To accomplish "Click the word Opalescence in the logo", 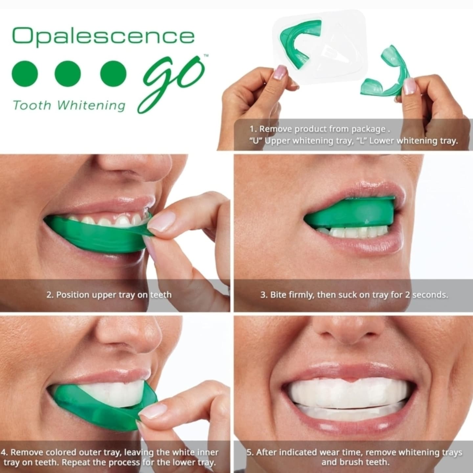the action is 103,37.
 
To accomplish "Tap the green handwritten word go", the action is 172,83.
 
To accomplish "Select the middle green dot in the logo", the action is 68,73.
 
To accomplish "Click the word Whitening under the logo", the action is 91,105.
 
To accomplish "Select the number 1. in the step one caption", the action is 253,129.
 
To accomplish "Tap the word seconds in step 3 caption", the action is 430,295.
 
